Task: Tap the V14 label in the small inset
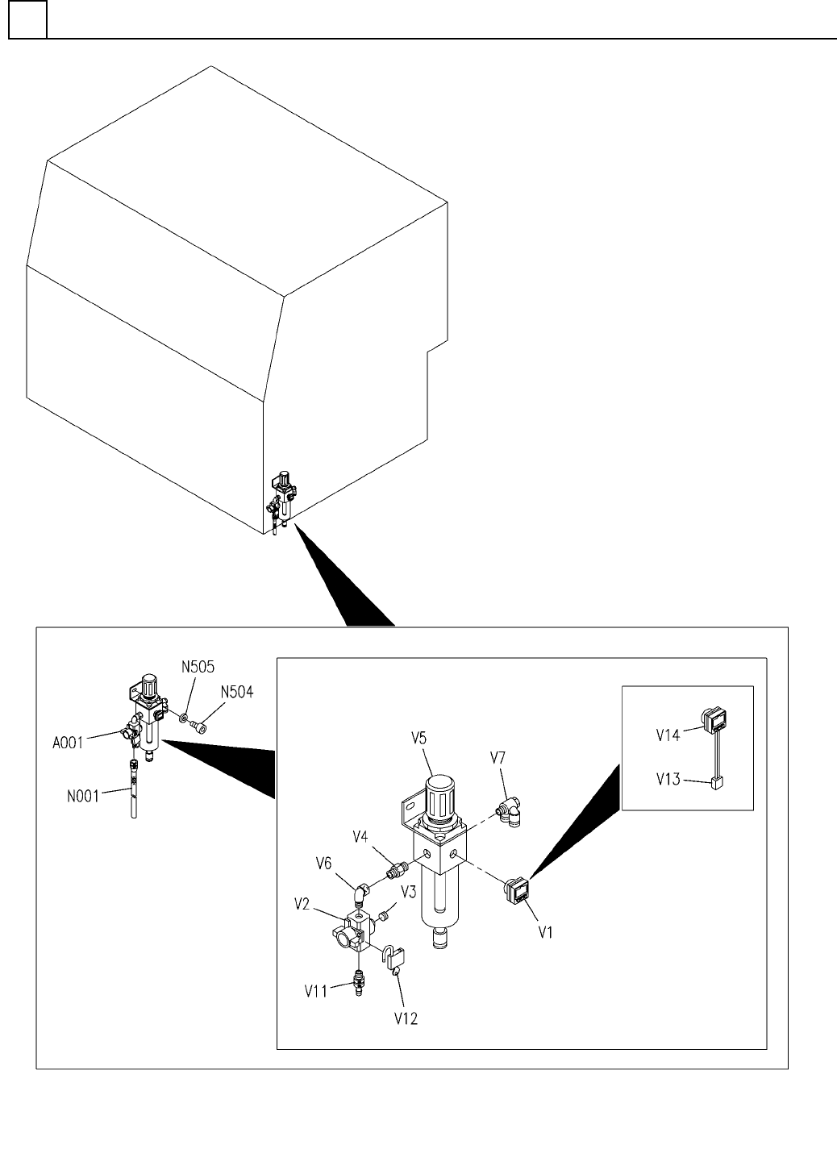(668, 735)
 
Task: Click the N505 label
(198, 667)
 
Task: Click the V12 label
(406, 1018)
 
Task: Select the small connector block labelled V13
(714, 781)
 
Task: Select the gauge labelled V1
(517, 890)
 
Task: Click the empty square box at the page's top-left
(27, 19)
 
